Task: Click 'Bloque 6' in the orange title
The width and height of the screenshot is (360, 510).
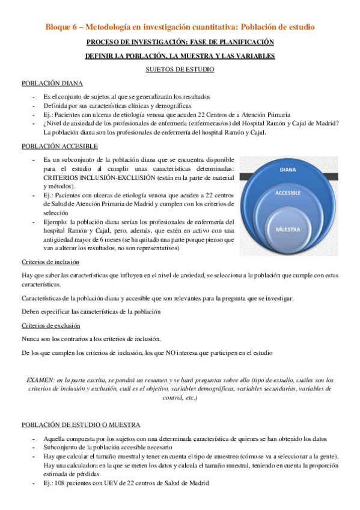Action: pos(63,27)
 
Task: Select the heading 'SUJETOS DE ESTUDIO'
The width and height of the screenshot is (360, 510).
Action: pos(180,70)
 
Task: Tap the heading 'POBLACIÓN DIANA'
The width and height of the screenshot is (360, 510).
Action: pos(52,84)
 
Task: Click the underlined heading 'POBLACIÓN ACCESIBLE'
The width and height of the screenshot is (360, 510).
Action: pos(59,146)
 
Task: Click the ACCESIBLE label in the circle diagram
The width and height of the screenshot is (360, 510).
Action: pos(287,193)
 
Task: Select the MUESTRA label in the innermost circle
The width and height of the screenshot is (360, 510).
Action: pos(287,230)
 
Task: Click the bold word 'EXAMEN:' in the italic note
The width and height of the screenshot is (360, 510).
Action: pos(40,380)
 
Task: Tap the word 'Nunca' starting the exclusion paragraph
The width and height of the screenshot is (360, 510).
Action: pos(31,339)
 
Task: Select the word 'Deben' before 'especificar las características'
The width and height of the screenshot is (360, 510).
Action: pos(31,312)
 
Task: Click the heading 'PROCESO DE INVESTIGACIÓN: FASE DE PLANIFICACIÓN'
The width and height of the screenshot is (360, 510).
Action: pos(180,41)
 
